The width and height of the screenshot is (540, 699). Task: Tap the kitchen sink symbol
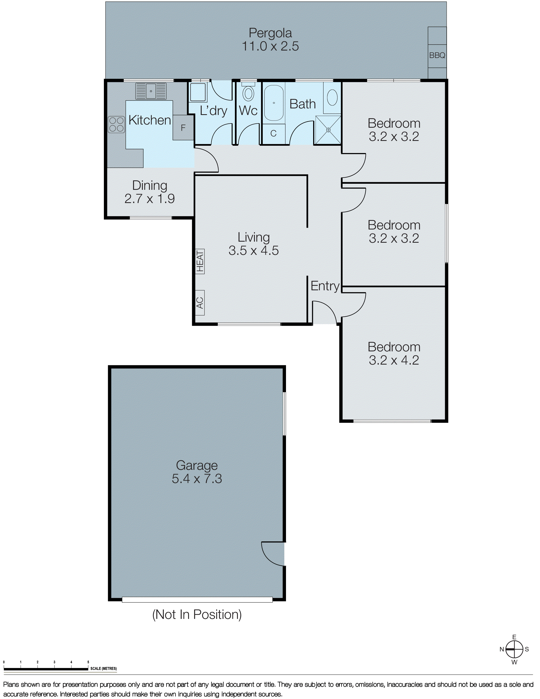(151, 91)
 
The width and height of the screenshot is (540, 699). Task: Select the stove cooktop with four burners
(116, 125)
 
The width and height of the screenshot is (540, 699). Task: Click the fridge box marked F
(183, 128)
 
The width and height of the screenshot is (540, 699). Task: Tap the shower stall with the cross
(328, 130)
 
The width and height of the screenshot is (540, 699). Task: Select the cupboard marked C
(273, 134)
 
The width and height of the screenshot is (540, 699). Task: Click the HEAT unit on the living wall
(200, 261)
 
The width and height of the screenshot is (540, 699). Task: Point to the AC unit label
(200, 303)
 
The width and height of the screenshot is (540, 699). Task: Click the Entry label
(325, 286)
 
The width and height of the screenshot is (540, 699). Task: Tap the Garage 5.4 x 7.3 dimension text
(197, 479)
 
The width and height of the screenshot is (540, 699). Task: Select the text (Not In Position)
(197, 614)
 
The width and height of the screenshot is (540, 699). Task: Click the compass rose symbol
(514, 649)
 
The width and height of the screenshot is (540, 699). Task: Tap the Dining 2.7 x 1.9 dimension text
(149, 199)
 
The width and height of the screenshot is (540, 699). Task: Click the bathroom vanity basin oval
(332, 97)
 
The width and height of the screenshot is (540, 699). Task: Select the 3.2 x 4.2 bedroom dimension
(394, 360)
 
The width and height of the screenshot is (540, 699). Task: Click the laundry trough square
(198, 93)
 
